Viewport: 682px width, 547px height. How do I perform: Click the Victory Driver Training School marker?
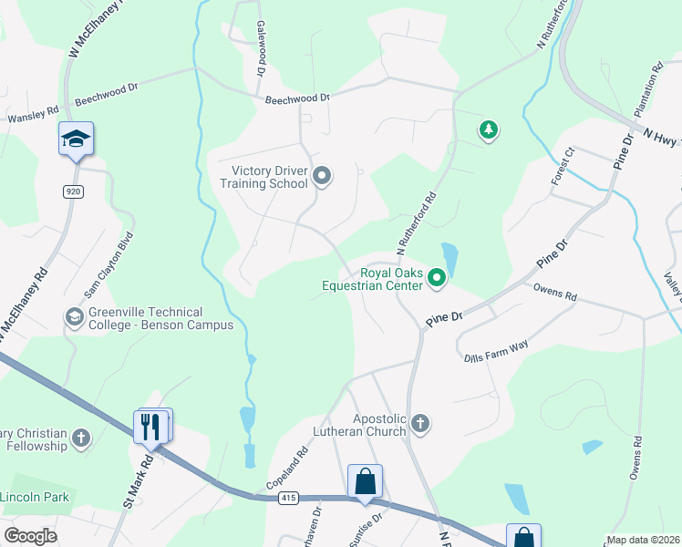[321, 175]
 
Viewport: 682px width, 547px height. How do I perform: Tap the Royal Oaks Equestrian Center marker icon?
[437, 278]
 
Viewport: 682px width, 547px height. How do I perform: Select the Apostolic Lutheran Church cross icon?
[419, 423]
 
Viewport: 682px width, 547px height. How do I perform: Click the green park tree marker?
[490, 130]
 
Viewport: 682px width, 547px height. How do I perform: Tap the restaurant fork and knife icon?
[150, 425]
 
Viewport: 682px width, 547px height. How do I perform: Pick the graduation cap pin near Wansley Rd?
[76, 139]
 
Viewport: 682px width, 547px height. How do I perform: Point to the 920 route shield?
[73, 191]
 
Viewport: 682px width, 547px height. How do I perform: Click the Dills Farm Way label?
[496, 347]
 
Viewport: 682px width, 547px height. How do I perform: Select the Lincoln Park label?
[35, 498]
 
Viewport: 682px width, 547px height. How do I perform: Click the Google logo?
[30, 536]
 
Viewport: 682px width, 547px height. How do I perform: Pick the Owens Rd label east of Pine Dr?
[554, 295]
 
